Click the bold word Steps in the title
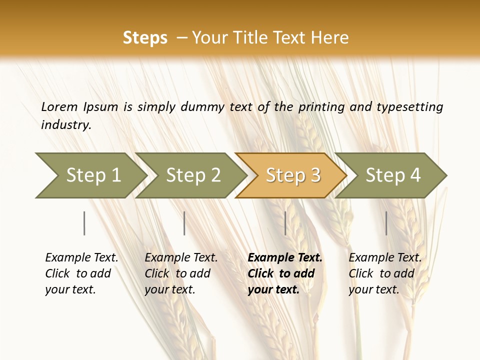[x=145, y=38]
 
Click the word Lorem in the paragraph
[x=59, y=106]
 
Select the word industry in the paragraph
[x=65, y=125]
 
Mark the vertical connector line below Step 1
[x=84, y=223]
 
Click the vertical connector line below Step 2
[x=184, y=223]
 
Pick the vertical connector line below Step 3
[x=285, y=223]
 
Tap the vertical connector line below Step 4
[x=386, y=223]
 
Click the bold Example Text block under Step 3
[x=285, y=273]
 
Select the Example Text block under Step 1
[x=81, y=273]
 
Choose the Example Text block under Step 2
[x=181, y=273]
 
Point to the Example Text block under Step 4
[x=385, y=273]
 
